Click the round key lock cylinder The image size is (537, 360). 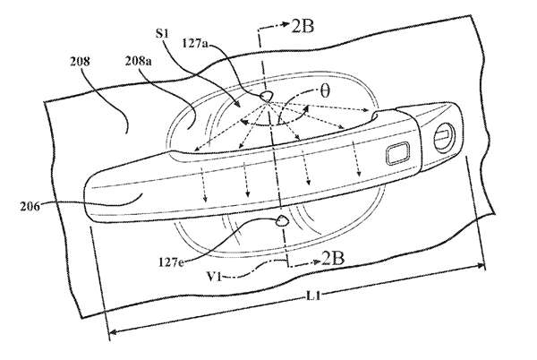[443, 137]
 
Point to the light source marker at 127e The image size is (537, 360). [280, 218]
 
